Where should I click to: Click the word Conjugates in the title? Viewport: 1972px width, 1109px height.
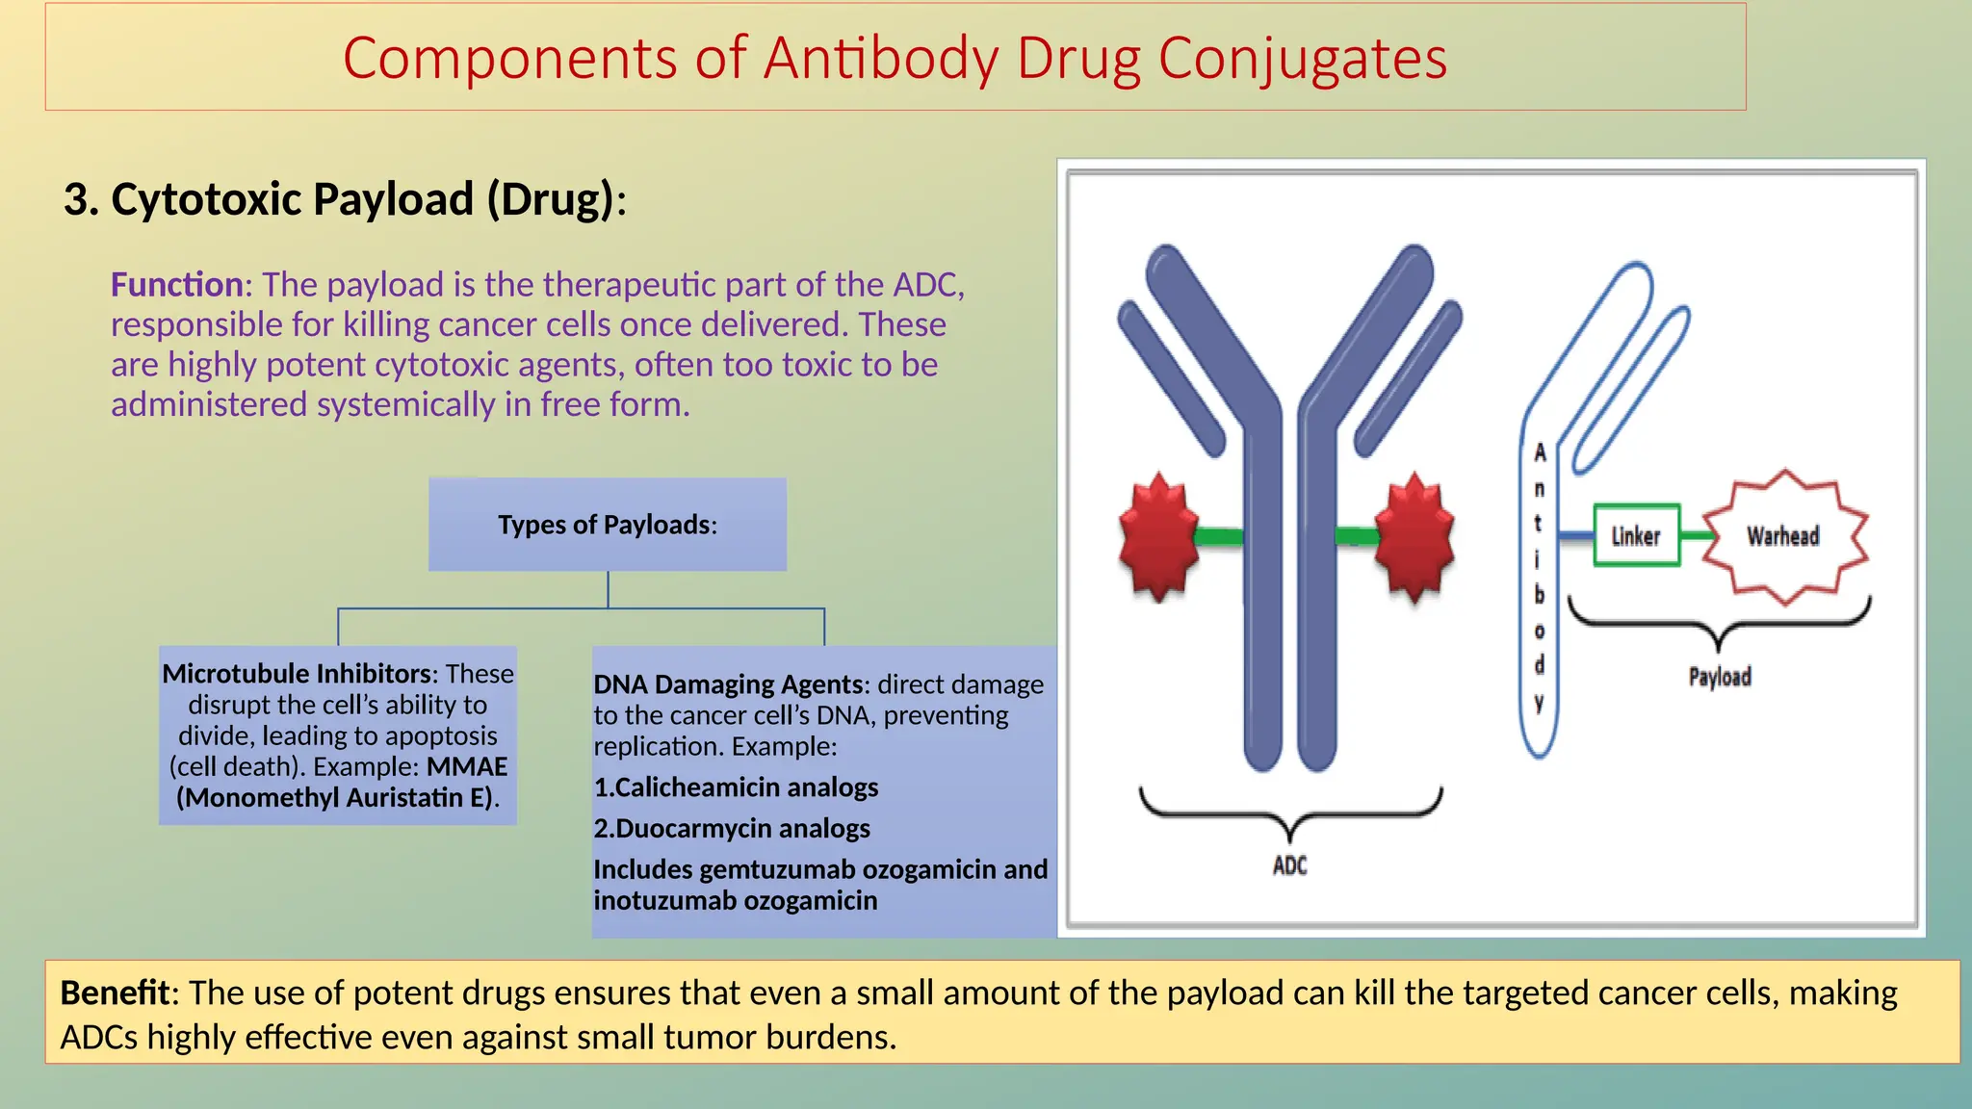(x=1302, y=58)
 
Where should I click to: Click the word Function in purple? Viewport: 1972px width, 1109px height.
(x=176, y=285)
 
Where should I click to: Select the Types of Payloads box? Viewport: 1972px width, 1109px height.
(x=607, y=525)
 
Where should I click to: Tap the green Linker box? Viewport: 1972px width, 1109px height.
(x=1636, y=535)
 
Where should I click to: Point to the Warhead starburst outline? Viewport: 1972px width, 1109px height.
(x=1784, y=536)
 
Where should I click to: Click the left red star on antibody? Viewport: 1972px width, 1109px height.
(x=1158, y=536)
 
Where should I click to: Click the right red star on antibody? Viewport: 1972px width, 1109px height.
(x=1414, y=536)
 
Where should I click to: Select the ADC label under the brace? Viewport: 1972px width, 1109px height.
(x=1289, y=865)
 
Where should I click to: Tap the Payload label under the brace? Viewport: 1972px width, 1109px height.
(x=1719, y=677)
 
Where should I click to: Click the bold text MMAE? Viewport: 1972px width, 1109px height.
(x=467, y=766)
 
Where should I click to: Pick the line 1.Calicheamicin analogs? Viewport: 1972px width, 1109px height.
(x=736, y=787)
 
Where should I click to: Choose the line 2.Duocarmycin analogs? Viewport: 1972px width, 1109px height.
(x=732, y=828)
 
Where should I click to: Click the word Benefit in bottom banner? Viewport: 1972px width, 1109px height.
(x=115, y=993)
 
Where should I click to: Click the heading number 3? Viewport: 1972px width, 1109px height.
(x=77, y=199)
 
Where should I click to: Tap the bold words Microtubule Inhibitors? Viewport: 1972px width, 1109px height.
(x=297, y=673)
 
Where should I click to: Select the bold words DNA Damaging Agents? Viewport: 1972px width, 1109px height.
(x=728, y=684)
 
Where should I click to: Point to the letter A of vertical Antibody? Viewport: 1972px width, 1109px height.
(x=1540, y=452)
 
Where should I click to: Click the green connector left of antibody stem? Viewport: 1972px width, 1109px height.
(x=1218, y=536)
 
